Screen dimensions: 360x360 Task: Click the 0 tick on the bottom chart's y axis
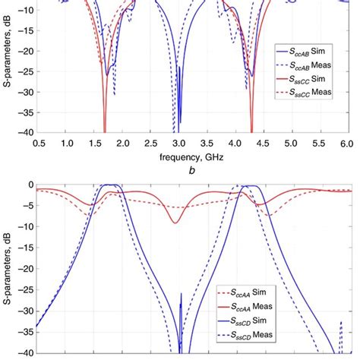click(28, 185)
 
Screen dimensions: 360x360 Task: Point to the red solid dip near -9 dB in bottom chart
click(175, 223)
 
